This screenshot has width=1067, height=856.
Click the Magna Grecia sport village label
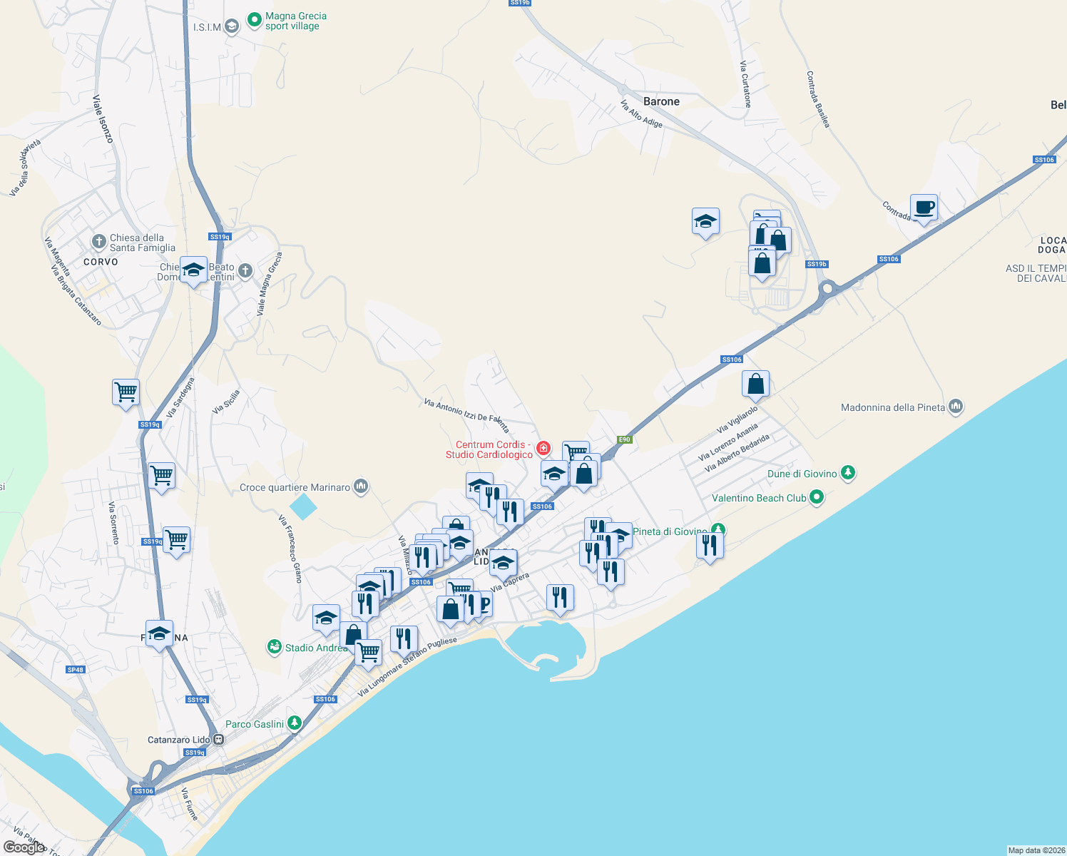click(295, 21)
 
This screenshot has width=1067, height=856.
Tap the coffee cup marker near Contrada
click(924, 208)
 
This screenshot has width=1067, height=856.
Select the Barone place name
click(661, 101)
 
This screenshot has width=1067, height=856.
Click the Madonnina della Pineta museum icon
click(956, 407)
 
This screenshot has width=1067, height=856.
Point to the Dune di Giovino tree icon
click(847, 472)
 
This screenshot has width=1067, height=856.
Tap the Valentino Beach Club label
click(759, 498)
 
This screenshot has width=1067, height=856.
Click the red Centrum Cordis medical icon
click(543, 448)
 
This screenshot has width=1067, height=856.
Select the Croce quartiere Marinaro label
click(295, 487)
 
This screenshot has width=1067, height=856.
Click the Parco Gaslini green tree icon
click(294, 723)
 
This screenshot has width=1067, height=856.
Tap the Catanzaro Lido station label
click(178, 740)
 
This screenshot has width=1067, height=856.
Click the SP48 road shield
click(75, 670)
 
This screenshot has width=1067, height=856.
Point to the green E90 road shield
click(625, 439)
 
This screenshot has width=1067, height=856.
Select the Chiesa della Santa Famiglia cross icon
click(98, 241)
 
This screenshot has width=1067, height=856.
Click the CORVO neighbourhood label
click(101, 262)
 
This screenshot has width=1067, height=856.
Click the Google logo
click(24, 847)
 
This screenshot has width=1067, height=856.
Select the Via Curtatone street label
click(745, 84)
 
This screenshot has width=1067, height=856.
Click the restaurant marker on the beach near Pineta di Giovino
click(710, 546)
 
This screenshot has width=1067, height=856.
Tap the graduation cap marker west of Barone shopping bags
click(705, 222)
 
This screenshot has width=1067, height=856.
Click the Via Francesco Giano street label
click(290, 549)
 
